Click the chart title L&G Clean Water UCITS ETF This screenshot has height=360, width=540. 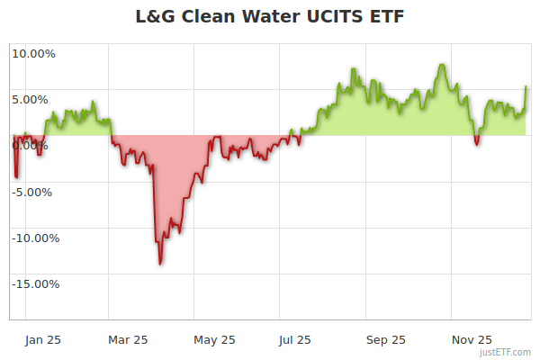point(270,17)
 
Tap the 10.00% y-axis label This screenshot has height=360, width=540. point(33,53)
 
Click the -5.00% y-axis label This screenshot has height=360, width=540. point(34,192)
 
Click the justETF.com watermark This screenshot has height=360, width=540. point(506,352)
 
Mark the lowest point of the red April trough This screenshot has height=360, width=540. point(160,264)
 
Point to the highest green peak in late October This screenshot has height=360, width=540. point(442,65)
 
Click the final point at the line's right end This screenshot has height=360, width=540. point(526,86)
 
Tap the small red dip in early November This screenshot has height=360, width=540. point(476,143)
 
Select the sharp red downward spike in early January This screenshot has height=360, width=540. point(15,176)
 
